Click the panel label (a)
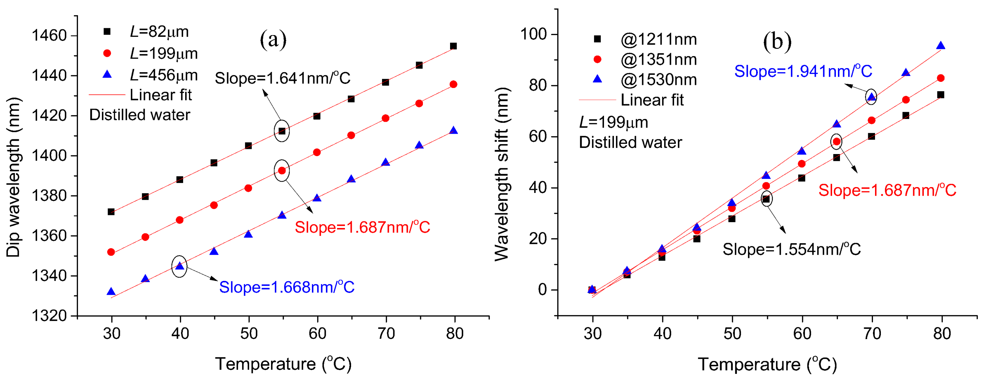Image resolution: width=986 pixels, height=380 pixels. pyautogui.click(x=273, y=40)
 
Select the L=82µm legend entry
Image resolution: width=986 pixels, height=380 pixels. pyautogui.click(x=146, y=31)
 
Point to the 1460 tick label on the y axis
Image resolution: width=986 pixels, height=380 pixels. pyautogui.click(x=49, y=36)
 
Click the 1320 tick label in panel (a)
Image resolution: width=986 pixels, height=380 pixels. pyautogui.click(x=49, y=316)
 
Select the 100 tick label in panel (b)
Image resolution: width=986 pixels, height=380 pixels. pyautogui.click(x=534, y=34)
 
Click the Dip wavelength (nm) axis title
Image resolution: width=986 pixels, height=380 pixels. pyautogui.click(x=13, y=177)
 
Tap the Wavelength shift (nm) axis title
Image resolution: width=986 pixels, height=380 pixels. pyautogui.click(x=502, y=174)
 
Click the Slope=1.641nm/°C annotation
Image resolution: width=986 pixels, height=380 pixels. pyautogui.click(x=282, y=78)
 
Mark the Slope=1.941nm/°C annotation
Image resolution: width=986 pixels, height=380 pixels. pyautogui.click(x=803, y=71)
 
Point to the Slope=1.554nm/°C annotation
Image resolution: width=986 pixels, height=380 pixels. pyautogui.click(x=792, y=249)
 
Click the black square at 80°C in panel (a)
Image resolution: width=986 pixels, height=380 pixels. pyautogui.click(x=453, y=46)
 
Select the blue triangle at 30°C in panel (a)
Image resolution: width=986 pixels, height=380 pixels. pyautogui.click(x=111, y=292)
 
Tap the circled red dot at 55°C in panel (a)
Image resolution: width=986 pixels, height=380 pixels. pyautogui.click(x=282, y=171)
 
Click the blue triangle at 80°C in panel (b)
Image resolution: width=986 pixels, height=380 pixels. pyautogui.click(x=941, y=46)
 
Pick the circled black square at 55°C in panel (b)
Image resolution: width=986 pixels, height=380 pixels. pyautogui.click(x=766, y=199)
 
